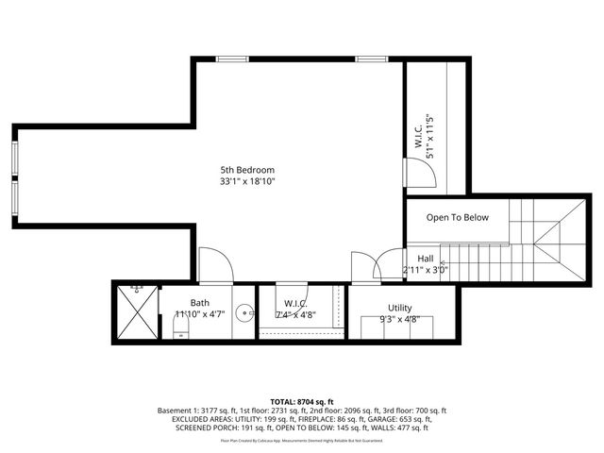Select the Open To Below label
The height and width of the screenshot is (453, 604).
(x=458, y=218)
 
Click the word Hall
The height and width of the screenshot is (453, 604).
(x=425, y=259)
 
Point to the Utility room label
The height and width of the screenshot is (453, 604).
(x=400, y=308)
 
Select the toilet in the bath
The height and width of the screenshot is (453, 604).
(x=180, y=328)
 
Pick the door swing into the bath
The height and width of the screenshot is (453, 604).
(x=215, y=264)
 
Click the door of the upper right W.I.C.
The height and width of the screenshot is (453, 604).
(x=419, y=172)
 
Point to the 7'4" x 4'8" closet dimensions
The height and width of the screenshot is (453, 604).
(x=296, y=315)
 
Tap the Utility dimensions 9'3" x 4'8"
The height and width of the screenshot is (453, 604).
(x=400, y=319)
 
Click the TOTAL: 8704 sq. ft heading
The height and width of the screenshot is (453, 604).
(x=302, y=401)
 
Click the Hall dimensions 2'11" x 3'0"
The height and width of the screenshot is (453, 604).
(x=426, y=270)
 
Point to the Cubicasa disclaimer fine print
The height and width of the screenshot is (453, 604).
(x=302, y=440)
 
